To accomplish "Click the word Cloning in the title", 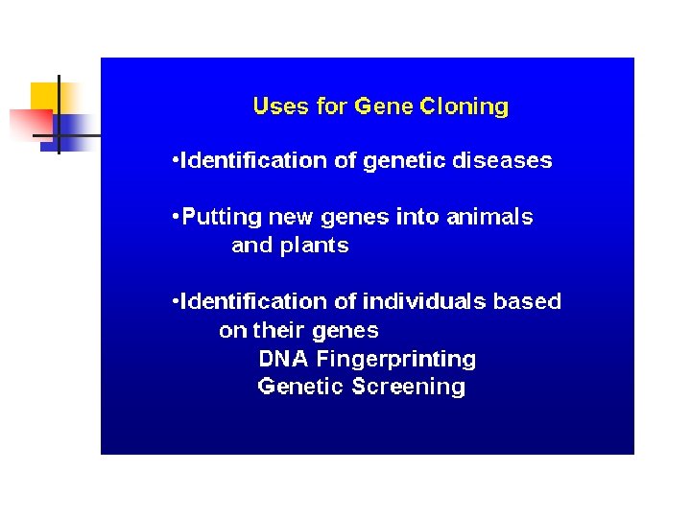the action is [465, 106].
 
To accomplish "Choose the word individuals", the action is [425, 301].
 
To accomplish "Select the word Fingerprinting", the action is [396, 360].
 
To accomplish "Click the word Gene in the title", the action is [383, 106].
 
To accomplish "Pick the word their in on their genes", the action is [277, 331].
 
